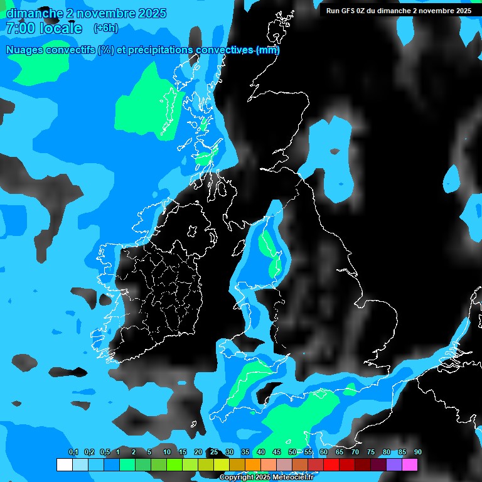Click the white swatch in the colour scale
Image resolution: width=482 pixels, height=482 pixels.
point(64,464)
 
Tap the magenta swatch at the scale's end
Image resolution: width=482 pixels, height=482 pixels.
point(409,464)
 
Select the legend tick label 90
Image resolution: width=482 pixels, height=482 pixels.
point(417,452)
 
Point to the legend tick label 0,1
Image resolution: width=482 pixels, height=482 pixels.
point(73,452)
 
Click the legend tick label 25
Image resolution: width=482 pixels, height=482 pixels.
point(214,452)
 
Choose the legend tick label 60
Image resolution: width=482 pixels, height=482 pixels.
point(323,452)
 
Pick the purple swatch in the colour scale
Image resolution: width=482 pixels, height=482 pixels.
point(394,464)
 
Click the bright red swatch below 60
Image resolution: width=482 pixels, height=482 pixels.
point(331,464)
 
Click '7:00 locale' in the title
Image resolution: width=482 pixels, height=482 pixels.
point(44,28)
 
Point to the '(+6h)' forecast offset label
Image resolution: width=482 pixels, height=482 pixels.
point(105,28)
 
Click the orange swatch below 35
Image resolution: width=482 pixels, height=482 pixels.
point(252,464)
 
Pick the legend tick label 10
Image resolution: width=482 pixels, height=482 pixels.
point(167,452)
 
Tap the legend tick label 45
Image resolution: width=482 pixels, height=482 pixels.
point(277,452)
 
